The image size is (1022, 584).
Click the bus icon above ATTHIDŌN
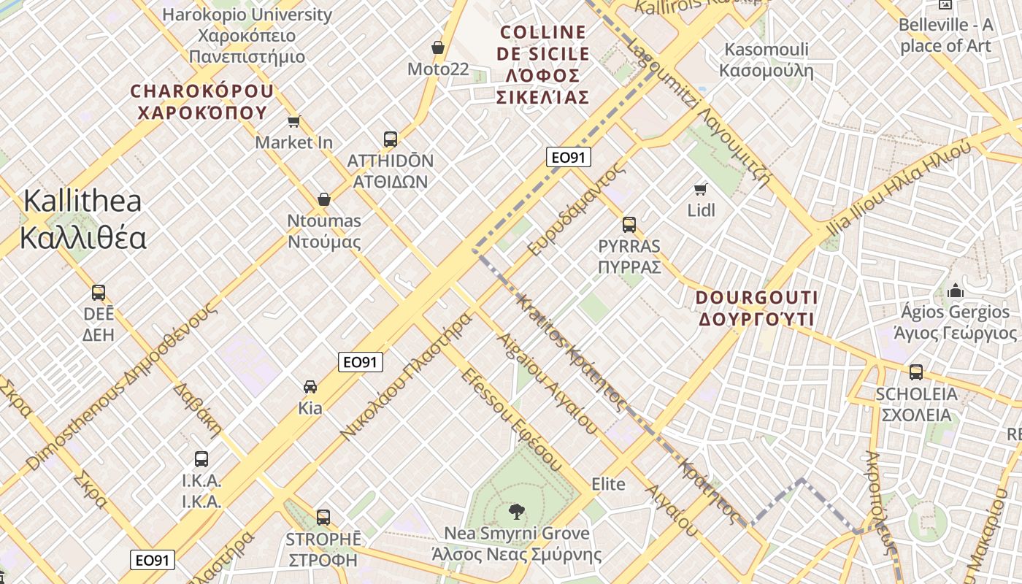click(x=391, y=139)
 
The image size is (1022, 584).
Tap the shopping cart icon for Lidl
click(x=701, y=190)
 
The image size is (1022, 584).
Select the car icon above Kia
click(x=310, y=386)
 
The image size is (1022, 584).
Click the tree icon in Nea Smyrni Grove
click(x=517, y=511)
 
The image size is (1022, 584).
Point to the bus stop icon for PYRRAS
click(x=629, y=224)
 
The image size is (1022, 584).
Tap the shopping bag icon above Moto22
click(x=438, y=47)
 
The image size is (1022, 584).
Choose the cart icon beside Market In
click(x=294, y=121)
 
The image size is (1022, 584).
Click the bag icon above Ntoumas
click(x=324, y=199)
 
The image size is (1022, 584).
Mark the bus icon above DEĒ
click(x=99, y=292)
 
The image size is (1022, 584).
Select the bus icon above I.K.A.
click(x=201, y=458)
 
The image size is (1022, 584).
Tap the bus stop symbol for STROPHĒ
click(x=323, y=517)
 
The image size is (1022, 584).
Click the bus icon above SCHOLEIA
click(x=916, y=372)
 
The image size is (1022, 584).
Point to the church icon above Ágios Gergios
click(x=955, y=291)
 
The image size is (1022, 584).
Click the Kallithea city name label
click(x=83, y=219)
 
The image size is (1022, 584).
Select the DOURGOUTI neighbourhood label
click(x=756, y=308)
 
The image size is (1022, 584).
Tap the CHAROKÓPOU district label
click(x=202, y=101)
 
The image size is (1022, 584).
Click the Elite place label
click(x=608, y=483)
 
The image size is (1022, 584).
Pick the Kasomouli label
click(x=766, y=60)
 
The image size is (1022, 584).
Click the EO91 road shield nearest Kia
click(x=361, y=361)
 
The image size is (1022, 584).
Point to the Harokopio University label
click(x=247, y=35)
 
